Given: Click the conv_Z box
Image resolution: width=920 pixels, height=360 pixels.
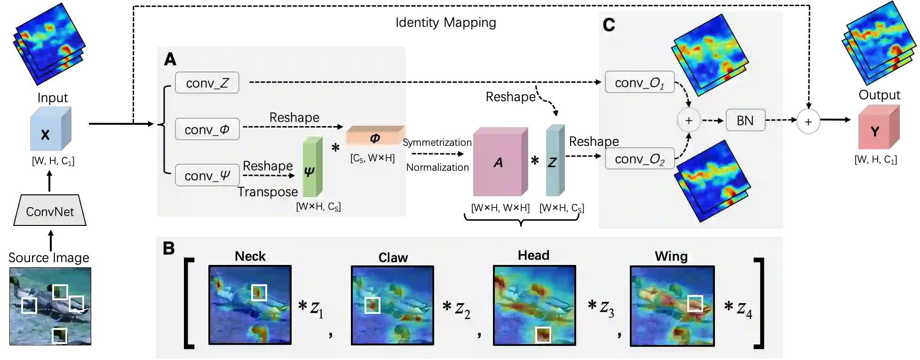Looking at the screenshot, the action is (207, 83).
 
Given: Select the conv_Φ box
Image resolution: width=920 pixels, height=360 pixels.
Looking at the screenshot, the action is (207, 129).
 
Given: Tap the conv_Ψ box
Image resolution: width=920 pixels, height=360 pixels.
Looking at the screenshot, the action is (207, 176).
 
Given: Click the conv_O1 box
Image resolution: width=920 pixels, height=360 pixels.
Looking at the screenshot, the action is (639, 83).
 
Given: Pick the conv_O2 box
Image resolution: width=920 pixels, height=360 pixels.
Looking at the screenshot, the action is (639, 159).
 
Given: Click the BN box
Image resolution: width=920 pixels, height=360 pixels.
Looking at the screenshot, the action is (745, 120).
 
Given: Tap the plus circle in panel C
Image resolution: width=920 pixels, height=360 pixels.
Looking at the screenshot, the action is (689, 120).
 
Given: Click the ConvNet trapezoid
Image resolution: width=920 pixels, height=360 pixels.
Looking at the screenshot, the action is (50, 210).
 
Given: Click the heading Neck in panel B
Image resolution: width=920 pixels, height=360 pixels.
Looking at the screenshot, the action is (250, 256).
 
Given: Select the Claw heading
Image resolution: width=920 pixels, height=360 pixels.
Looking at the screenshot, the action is (393, 257).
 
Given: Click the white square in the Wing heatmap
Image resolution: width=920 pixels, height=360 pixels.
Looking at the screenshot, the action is (695, 304).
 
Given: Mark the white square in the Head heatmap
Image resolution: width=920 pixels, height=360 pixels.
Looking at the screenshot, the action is (543, 335).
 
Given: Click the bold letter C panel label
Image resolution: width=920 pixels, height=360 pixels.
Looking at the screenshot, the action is (609, 25).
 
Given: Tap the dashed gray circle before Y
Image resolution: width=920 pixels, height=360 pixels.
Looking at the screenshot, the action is (808, 120).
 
